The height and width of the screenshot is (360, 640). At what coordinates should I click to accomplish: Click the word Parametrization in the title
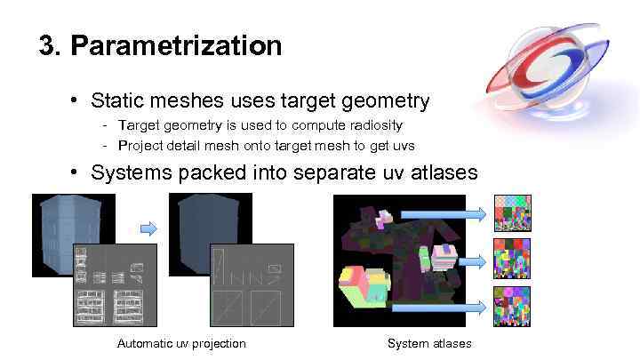(x=176, y=45)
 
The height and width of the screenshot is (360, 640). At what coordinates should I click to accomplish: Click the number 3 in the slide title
(x=48, y=45)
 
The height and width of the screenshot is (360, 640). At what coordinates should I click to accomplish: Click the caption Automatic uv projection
(x=181, y=343)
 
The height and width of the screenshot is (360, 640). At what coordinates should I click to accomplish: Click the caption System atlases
(x=429, y=343)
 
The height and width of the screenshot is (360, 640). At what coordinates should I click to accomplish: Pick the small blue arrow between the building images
(x=148, y=228)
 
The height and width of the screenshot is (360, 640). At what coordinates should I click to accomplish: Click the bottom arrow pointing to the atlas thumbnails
(x=440, y=307)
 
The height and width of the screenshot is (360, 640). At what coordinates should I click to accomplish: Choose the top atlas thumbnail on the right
(x=512, y=212)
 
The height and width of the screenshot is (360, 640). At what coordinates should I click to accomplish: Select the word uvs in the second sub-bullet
(x=403, y=145)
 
